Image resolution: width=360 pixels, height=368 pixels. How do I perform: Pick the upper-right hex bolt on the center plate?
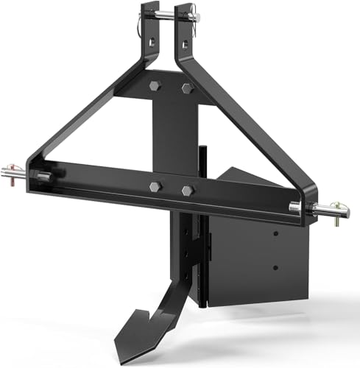[x=186, y=88]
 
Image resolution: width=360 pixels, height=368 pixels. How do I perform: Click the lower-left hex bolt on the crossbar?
[x=156, y=186]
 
